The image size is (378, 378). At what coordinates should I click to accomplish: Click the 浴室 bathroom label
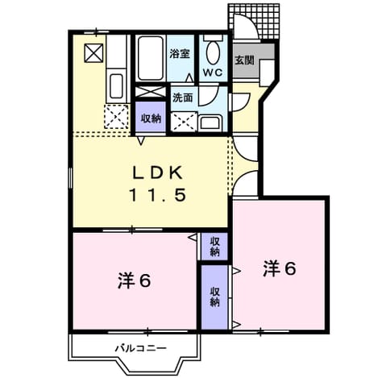180,54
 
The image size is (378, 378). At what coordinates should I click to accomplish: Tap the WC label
213,73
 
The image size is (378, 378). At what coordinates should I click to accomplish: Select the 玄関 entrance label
244,60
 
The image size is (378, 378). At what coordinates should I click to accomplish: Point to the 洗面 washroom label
183,98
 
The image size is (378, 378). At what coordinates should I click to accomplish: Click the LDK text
158,173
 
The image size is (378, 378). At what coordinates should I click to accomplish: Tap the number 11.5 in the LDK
158,195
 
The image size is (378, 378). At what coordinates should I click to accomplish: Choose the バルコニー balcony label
141,348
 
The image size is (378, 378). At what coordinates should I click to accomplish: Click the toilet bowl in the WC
213,52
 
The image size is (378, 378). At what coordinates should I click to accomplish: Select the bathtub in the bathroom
151,58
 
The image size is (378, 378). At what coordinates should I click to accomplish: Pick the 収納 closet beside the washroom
151,117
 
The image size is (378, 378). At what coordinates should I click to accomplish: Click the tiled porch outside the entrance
254,22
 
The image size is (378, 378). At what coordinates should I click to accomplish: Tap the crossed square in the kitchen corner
93,53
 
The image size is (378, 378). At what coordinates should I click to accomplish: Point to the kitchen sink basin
117,86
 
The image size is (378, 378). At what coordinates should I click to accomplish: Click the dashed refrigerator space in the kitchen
116,117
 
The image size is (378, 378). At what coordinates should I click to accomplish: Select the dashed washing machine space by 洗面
184,123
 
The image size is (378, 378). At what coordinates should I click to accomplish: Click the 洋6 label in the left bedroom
135,281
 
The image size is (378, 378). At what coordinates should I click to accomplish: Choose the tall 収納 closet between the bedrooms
214,297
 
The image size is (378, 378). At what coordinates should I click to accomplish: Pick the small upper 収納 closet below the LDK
214,247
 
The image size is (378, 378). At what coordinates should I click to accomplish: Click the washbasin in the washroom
210,123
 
